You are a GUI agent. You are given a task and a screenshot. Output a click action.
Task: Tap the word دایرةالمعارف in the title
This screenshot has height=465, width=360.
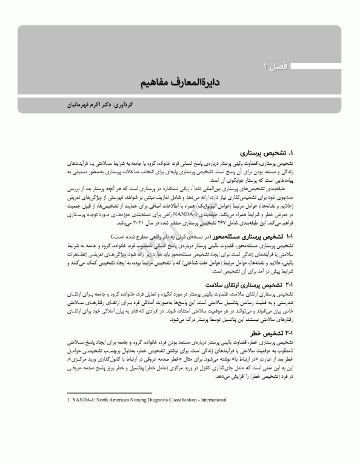[x=202, y=81]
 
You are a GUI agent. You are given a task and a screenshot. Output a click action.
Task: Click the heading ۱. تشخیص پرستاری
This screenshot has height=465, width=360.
[x=267, y=154]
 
